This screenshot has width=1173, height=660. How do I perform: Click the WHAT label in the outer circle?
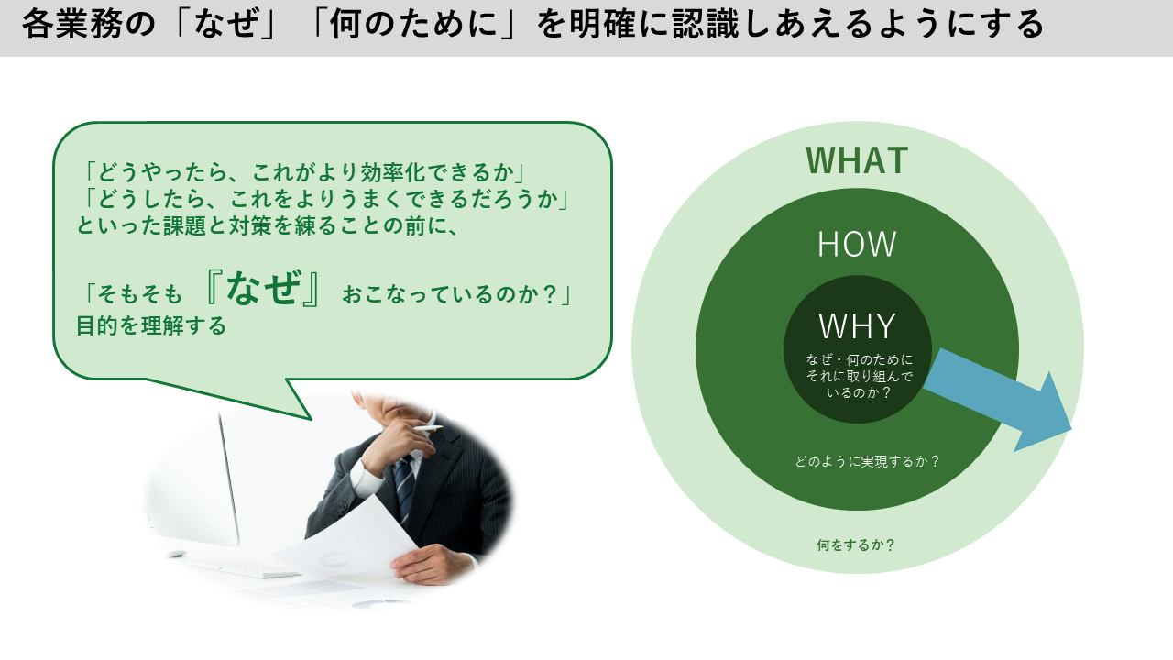click(857, 160)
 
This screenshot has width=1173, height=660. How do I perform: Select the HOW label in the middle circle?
click(857, 244)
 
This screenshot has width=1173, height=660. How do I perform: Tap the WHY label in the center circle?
click(857, 325)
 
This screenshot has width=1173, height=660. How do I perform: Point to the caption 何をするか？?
click(856, 545)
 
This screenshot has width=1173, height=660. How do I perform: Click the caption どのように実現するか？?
click(867, 461)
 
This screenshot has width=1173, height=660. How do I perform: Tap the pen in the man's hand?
click(427, 428)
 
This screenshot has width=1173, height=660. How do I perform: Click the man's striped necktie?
click(404, 487)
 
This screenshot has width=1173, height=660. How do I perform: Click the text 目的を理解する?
click(151, 325)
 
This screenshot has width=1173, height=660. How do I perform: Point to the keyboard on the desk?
click(241, 567)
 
